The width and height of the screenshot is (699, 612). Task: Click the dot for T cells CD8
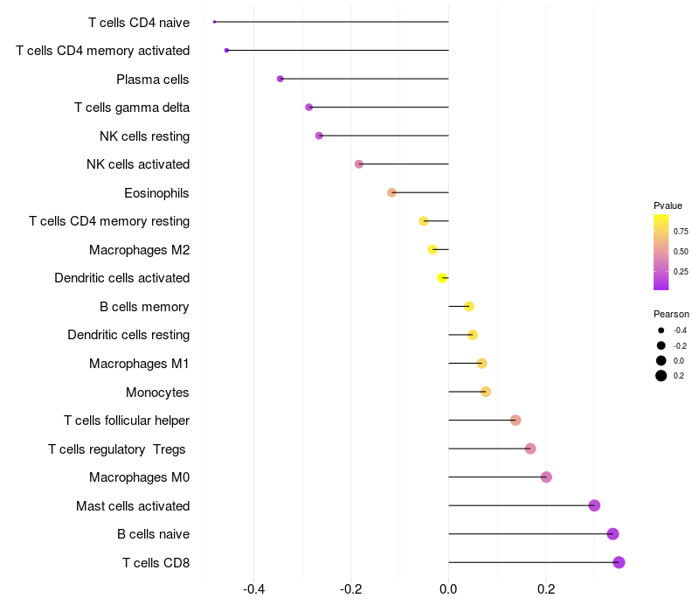(619, 562)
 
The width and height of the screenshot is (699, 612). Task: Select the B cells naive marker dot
(612, 534)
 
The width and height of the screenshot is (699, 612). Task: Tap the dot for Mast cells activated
(594, 505)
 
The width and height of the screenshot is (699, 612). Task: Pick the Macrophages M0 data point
(546, 477)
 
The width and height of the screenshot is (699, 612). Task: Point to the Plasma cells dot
(280, 79)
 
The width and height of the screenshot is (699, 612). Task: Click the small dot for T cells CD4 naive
(214, 22)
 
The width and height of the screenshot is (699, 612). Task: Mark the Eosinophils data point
(391, 192)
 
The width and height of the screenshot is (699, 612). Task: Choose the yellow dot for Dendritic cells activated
(442, 278)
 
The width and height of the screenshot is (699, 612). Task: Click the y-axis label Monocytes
(157, 392)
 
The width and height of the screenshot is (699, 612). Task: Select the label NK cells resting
(144, 136)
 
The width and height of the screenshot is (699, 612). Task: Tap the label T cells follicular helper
(127, 421)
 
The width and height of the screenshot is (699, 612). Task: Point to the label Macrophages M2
(139, 250)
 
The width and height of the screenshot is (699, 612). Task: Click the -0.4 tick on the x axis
(253, 589)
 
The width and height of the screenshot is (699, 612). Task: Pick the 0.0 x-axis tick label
(448, 589)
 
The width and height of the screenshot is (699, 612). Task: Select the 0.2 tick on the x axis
(546, 589)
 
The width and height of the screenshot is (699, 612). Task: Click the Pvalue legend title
(668, 205)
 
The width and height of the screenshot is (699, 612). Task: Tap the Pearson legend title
(671, 314)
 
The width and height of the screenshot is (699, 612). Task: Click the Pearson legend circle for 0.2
(661, 376)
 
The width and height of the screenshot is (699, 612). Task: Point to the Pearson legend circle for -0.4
(661, 330)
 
